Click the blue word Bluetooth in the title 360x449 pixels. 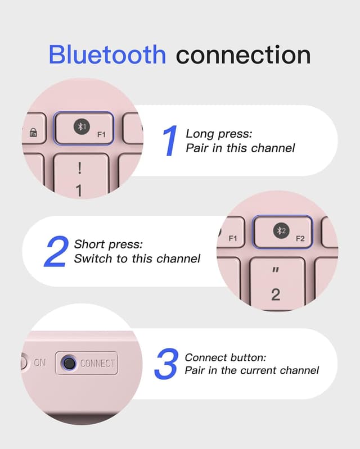pos(107,54)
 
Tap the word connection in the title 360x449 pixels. pos(244,55)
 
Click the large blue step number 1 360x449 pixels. pos(170,140)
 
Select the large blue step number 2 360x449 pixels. pos(57,251)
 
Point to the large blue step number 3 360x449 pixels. pos(166,364)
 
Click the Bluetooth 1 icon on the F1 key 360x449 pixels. pos(82,126)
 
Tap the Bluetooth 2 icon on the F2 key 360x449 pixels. pos(281,230)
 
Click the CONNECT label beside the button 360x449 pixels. pos(97,363)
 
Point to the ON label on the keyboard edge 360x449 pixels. pos(39,362)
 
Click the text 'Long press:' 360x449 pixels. pos(219,134)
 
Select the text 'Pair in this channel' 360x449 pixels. pos(240,148)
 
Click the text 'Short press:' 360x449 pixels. pos(109,244)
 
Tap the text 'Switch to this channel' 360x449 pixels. pos(137,258)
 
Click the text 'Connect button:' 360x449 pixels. pos(226,357)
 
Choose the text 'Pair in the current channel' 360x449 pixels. pos(251,370)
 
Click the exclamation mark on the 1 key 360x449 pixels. pos(79,168)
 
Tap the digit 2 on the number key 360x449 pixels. pos(276,294)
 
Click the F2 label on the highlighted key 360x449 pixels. pos(300,238)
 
